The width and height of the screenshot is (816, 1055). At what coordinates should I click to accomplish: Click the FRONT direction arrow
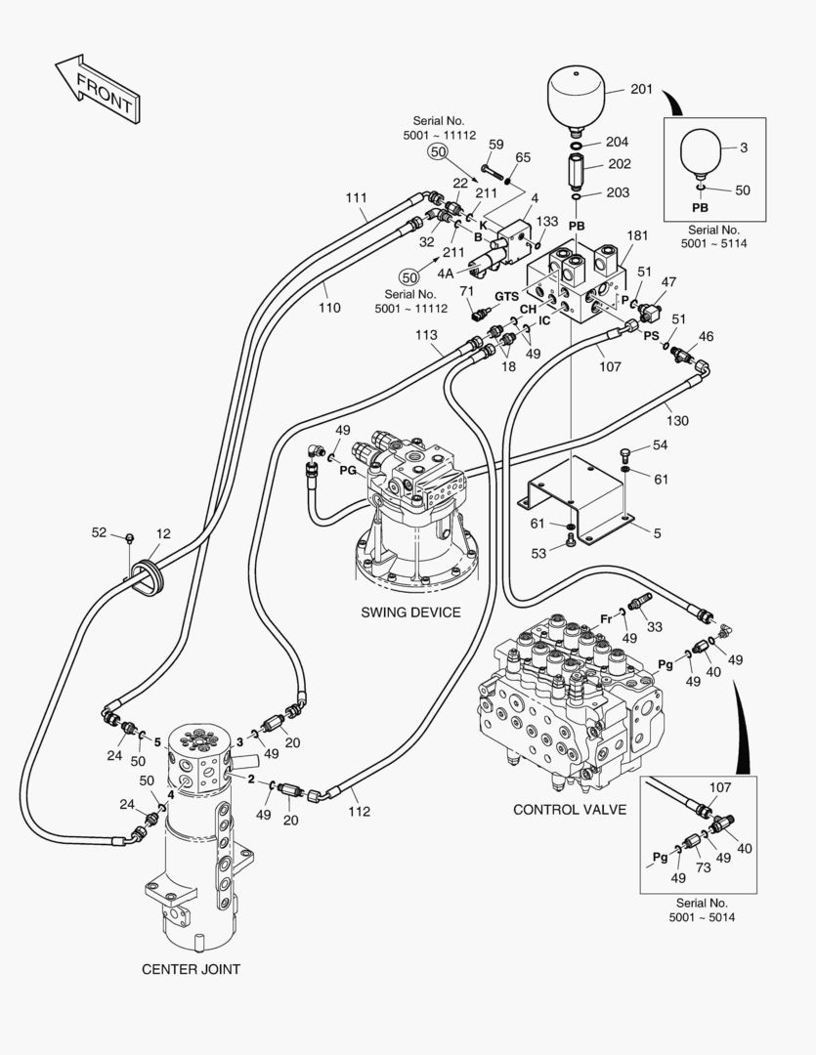[95, 89]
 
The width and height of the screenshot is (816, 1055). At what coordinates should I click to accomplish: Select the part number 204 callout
[617, 142]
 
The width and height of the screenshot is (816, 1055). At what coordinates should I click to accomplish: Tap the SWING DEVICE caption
[410, 612]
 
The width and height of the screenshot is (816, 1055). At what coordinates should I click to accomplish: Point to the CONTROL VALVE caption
[569, 810]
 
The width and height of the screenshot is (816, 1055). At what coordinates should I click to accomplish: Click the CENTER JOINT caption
[192, 970]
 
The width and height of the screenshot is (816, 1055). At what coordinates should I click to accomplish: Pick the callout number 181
[637, 235]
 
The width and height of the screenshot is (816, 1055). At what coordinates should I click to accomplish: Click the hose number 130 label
[677, 421]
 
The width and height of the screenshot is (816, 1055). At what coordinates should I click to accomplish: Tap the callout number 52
[100, 532]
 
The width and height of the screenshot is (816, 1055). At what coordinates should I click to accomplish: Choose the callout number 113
[426, 335]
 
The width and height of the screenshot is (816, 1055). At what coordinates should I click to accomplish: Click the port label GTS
[506, 296]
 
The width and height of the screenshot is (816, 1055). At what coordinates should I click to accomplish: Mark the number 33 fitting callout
[654, 626]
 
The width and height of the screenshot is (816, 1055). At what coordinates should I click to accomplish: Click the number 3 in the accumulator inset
[743, 148]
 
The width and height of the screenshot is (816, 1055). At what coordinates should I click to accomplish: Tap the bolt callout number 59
[495, 145]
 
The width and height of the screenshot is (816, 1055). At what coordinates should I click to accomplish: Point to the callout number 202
[619, 164]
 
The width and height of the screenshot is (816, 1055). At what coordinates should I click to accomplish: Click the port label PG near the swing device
[348, 471]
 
